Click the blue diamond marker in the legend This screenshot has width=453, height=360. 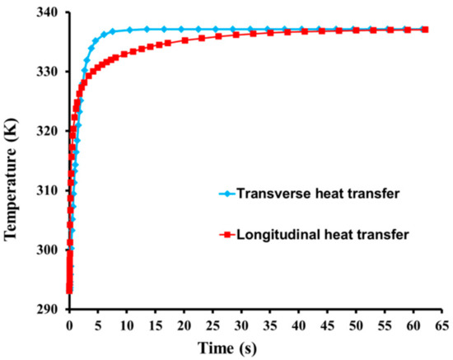pos(225,195)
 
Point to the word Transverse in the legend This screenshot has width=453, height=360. pos(269,195)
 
